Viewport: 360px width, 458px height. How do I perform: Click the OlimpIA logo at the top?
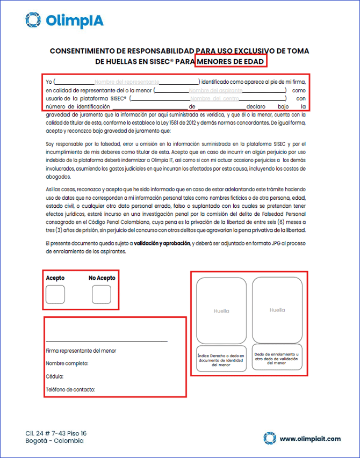click(x=64, y=20)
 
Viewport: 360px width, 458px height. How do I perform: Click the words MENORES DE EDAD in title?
click(x=231, y=62)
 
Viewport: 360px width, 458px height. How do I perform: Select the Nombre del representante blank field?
click(x=127, y=82)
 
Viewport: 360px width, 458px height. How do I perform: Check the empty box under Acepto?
click(x=55, y=295)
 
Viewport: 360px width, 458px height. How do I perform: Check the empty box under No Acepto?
click(x=102, y=295)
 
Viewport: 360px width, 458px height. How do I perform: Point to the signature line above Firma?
click(x=106, y=341)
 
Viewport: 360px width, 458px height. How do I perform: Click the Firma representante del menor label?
click(x=81, y=351)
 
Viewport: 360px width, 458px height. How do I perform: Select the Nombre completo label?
click(x=67, y=364)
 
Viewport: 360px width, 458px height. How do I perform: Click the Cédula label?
click(x=55, y=376)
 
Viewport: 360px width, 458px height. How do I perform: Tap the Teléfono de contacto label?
click(x=70, y=389)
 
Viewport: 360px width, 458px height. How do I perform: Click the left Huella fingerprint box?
click(x=221, y=311)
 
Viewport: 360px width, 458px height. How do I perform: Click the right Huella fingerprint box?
click(x=277, y=310)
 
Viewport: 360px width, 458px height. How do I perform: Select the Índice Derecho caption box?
click(x=221, y=360)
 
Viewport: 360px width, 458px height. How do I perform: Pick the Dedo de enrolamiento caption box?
click(x=277, y=359)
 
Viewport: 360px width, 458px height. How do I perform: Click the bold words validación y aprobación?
click(x=162, y=243)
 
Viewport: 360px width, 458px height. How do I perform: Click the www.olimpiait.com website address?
click(x=310, y=439)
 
